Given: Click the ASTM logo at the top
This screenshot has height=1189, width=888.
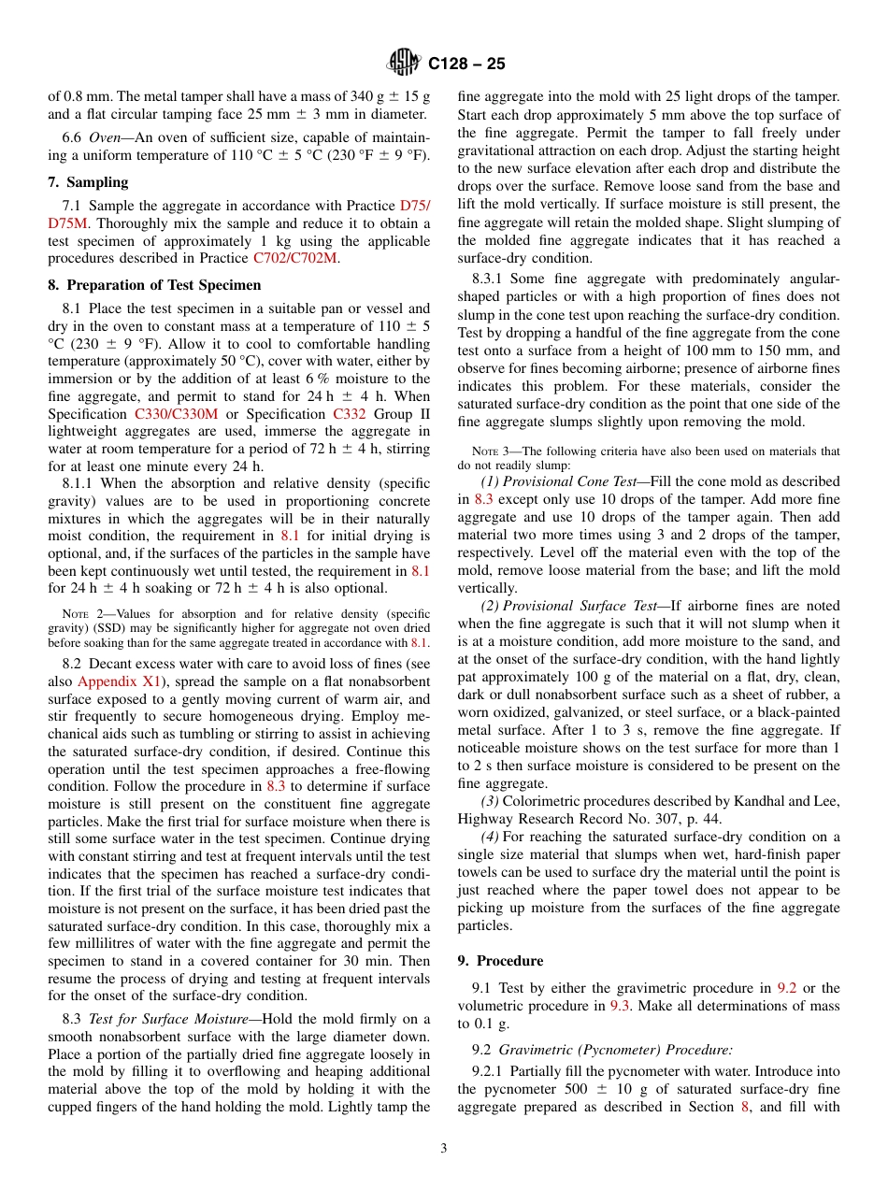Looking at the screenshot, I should (404, 63).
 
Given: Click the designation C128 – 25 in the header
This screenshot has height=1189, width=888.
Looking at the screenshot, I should (466, 64).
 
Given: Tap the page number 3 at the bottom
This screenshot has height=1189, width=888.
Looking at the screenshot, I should (444, 1148).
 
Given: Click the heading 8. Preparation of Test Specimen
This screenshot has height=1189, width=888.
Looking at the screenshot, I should (154, 285).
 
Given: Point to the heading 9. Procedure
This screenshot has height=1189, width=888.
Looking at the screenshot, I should (500, 960).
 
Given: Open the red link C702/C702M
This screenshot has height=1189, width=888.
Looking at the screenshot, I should (294, 258).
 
